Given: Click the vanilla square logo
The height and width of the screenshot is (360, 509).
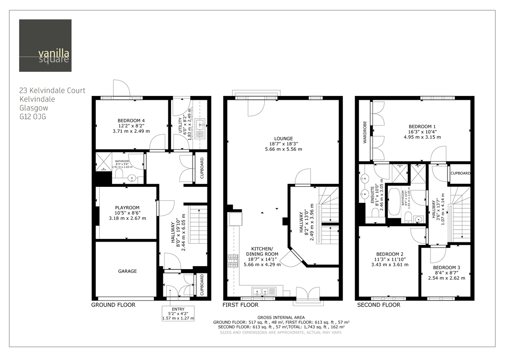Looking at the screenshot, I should point(45,45).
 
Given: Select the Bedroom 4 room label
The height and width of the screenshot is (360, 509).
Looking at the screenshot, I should point(131,121).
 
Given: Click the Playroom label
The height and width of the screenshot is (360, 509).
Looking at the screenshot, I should point(127,208).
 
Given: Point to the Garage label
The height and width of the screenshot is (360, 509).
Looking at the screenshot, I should point(127,271).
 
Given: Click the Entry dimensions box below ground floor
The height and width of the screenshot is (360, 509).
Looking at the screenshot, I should point(178,313).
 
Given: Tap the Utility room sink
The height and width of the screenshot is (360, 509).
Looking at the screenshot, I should point(201,124).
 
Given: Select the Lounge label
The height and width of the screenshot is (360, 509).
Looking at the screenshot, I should point(283,138).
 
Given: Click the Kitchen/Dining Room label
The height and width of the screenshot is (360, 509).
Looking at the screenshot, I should point(263,251).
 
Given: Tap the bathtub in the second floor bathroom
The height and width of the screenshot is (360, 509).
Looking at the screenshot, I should point(394,204).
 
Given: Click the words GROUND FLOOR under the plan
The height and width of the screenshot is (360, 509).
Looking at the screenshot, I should point(113,305).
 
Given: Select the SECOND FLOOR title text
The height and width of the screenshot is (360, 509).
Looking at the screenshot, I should point(378,305).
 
